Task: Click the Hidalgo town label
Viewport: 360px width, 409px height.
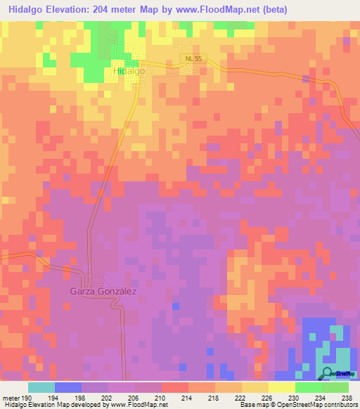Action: pos(129,72)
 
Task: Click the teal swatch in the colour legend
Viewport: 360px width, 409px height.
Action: pos(41,387)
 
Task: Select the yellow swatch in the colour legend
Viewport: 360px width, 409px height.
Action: pos(282,387)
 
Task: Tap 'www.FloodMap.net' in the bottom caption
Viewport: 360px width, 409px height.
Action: pos(136,405)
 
